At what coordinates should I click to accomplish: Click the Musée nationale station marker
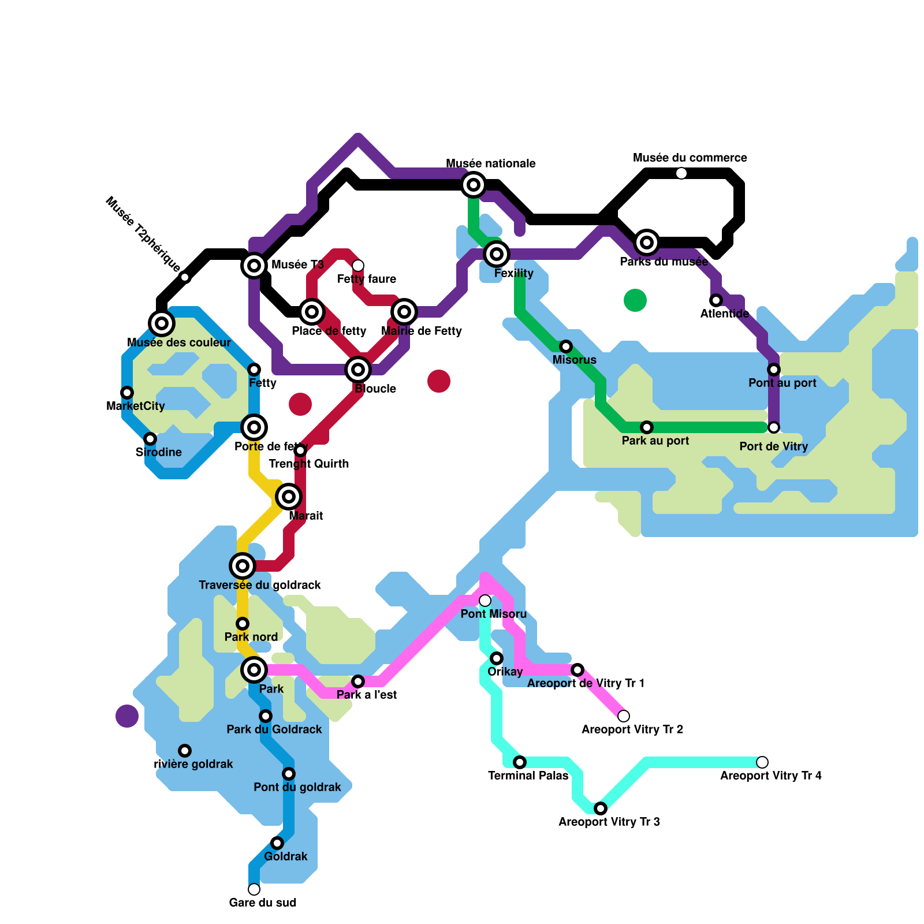(474, 185)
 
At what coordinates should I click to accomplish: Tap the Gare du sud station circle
(254, 889)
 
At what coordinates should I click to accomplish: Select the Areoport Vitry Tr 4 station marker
(762, 762)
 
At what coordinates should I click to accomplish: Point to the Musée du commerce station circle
(681, 173)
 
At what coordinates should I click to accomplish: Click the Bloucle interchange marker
(358, 370)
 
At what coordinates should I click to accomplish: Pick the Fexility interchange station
(497, 254)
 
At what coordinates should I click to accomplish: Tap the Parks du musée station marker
(647, 243)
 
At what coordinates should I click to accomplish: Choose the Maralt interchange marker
(289, 497)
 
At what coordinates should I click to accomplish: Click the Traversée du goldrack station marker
(243, 566)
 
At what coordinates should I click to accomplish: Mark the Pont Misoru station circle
(485, 601)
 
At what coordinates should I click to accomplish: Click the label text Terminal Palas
(528, 776)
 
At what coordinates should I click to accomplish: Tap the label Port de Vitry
(773, 446)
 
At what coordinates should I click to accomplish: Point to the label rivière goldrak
(193, 764)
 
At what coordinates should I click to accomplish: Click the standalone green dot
(635, 300)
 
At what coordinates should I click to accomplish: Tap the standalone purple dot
(127, 716)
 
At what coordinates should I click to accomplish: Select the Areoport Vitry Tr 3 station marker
(601, 808)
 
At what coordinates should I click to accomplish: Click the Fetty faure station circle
(358, 266)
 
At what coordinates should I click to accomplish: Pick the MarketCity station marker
(127, 393)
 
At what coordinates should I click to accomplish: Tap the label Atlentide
(724, 314)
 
